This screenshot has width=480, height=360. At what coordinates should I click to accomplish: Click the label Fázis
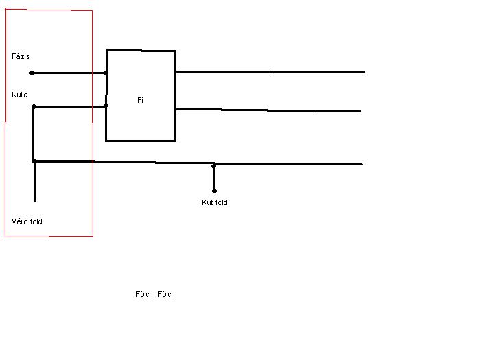21,56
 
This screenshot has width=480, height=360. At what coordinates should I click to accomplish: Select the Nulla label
20,94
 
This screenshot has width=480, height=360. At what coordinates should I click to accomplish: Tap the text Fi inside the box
140,100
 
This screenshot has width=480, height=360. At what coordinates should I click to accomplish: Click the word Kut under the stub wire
206,202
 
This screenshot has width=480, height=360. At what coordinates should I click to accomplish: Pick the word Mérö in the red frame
20,221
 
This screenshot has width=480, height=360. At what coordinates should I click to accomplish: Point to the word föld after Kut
221,202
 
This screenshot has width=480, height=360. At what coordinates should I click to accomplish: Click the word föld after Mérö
36,221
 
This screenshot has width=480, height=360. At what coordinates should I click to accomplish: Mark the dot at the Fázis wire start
32,73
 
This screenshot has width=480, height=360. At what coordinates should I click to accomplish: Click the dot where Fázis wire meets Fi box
106,73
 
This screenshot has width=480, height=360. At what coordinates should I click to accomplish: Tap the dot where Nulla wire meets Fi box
106,106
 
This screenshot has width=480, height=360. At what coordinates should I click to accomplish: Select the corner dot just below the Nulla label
34,106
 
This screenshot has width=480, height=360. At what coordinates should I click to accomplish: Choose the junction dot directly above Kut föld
213,165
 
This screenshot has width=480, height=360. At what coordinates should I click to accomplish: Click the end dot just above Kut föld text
214,191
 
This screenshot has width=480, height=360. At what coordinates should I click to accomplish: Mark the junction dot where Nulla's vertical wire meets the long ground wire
35,161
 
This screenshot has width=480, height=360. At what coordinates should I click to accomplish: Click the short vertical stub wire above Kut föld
214,178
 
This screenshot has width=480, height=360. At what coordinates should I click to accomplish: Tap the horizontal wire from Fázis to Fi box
69,73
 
